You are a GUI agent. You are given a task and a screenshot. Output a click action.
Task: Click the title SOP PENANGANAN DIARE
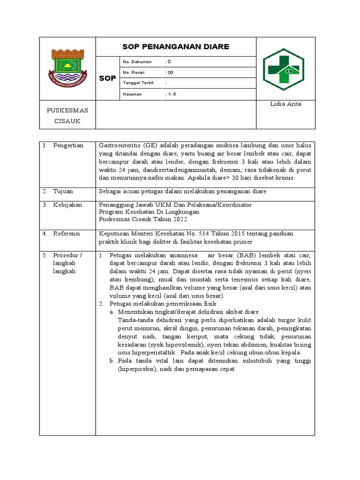176,46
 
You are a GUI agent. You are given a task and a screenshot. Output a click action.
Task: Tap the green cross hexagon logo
283,69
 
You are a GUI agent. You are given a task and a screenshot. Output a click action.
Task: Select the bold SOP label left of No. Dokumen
107,78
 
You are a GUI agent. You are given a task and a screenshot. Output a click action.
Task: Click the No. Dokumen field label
137,62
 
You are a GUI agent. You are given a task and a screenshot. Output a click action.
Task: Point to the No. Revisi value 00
170,73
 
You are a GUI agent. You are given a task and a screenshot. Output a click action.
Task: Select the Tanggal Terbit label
138,83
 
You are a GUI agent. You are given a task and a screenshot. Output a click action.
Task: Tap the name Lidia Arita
285,104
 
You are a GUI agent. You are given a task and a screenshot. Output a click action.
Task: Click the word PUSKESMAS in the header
67,111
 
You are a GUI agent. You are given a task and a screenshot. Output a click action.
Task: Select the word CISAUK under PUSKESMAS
67,121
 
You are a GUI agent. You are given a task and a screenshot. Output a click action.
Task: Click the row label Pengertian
68,145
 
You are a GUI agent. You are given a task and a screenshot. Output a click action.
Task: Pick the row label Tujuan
63,191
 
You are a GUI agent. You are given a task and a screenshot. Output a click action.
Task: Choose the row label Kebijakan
67,205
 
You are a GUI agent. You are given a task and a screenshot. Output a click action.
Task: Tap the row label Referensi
67,233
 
